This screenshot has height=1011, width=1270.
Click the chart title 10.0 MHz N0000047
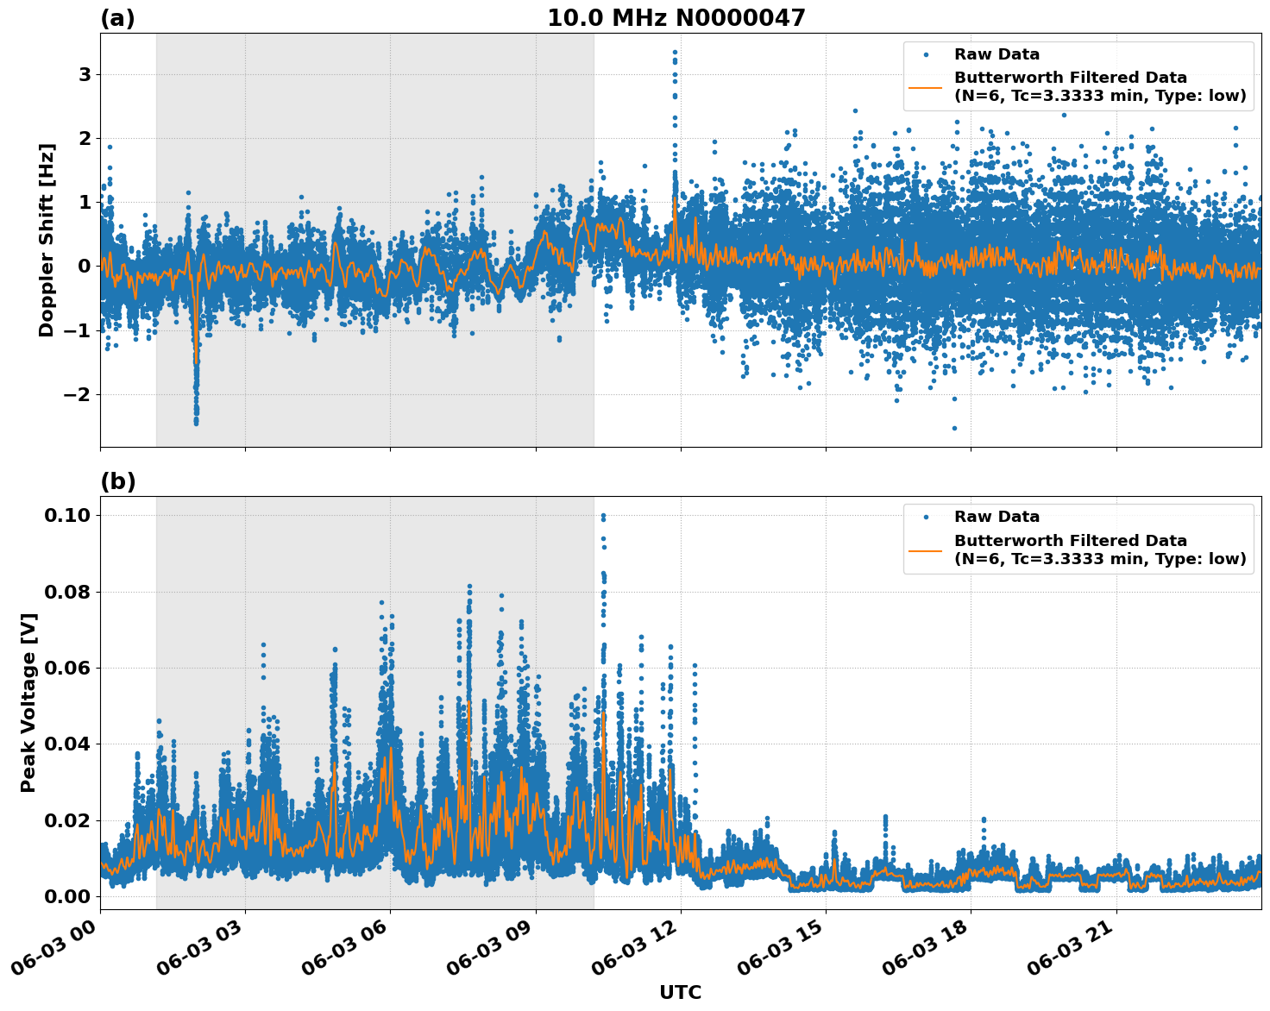coord(676,18)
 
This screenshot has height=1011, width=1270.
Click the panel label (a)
coord(117,18)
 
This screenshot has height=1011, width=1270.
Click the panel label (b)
coord(117,481)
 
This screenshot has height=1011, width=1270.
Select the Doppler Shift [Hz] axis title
coord(47,240)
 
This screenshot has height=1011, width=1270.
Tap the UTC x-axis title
coord(680,992)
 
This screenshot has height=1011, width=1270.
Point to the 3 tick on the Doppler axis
coord(85,75)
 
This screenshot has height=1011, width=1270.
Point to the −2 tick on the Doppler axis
coord(79,394)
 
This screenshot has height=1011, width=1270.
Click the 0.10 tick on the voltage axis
coord(66,516)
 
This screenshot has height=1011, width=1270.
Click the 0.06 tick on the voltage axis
coord(66,668)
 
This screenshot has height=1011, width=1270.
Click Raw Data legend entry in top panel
coord(997,54)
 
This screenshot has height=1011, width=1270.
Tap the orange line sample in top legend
coord(926,87)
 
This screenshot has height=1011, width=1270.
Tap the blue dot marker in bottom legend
coord(926,517)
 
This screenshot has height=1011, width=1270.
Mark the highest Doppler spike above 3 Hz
coord(675,52)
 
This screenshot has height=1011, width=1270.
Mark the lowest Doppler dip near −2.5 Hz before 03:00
coord(196,423)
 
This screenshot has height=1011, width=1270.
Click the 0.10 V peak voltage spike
coord(603,516)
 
